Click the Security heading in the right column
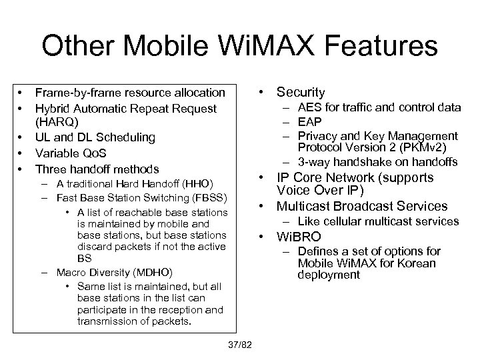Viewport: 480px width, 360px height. tap(301, 93)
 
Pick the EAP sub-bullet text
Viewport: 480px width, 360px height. tap(309, 121)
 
